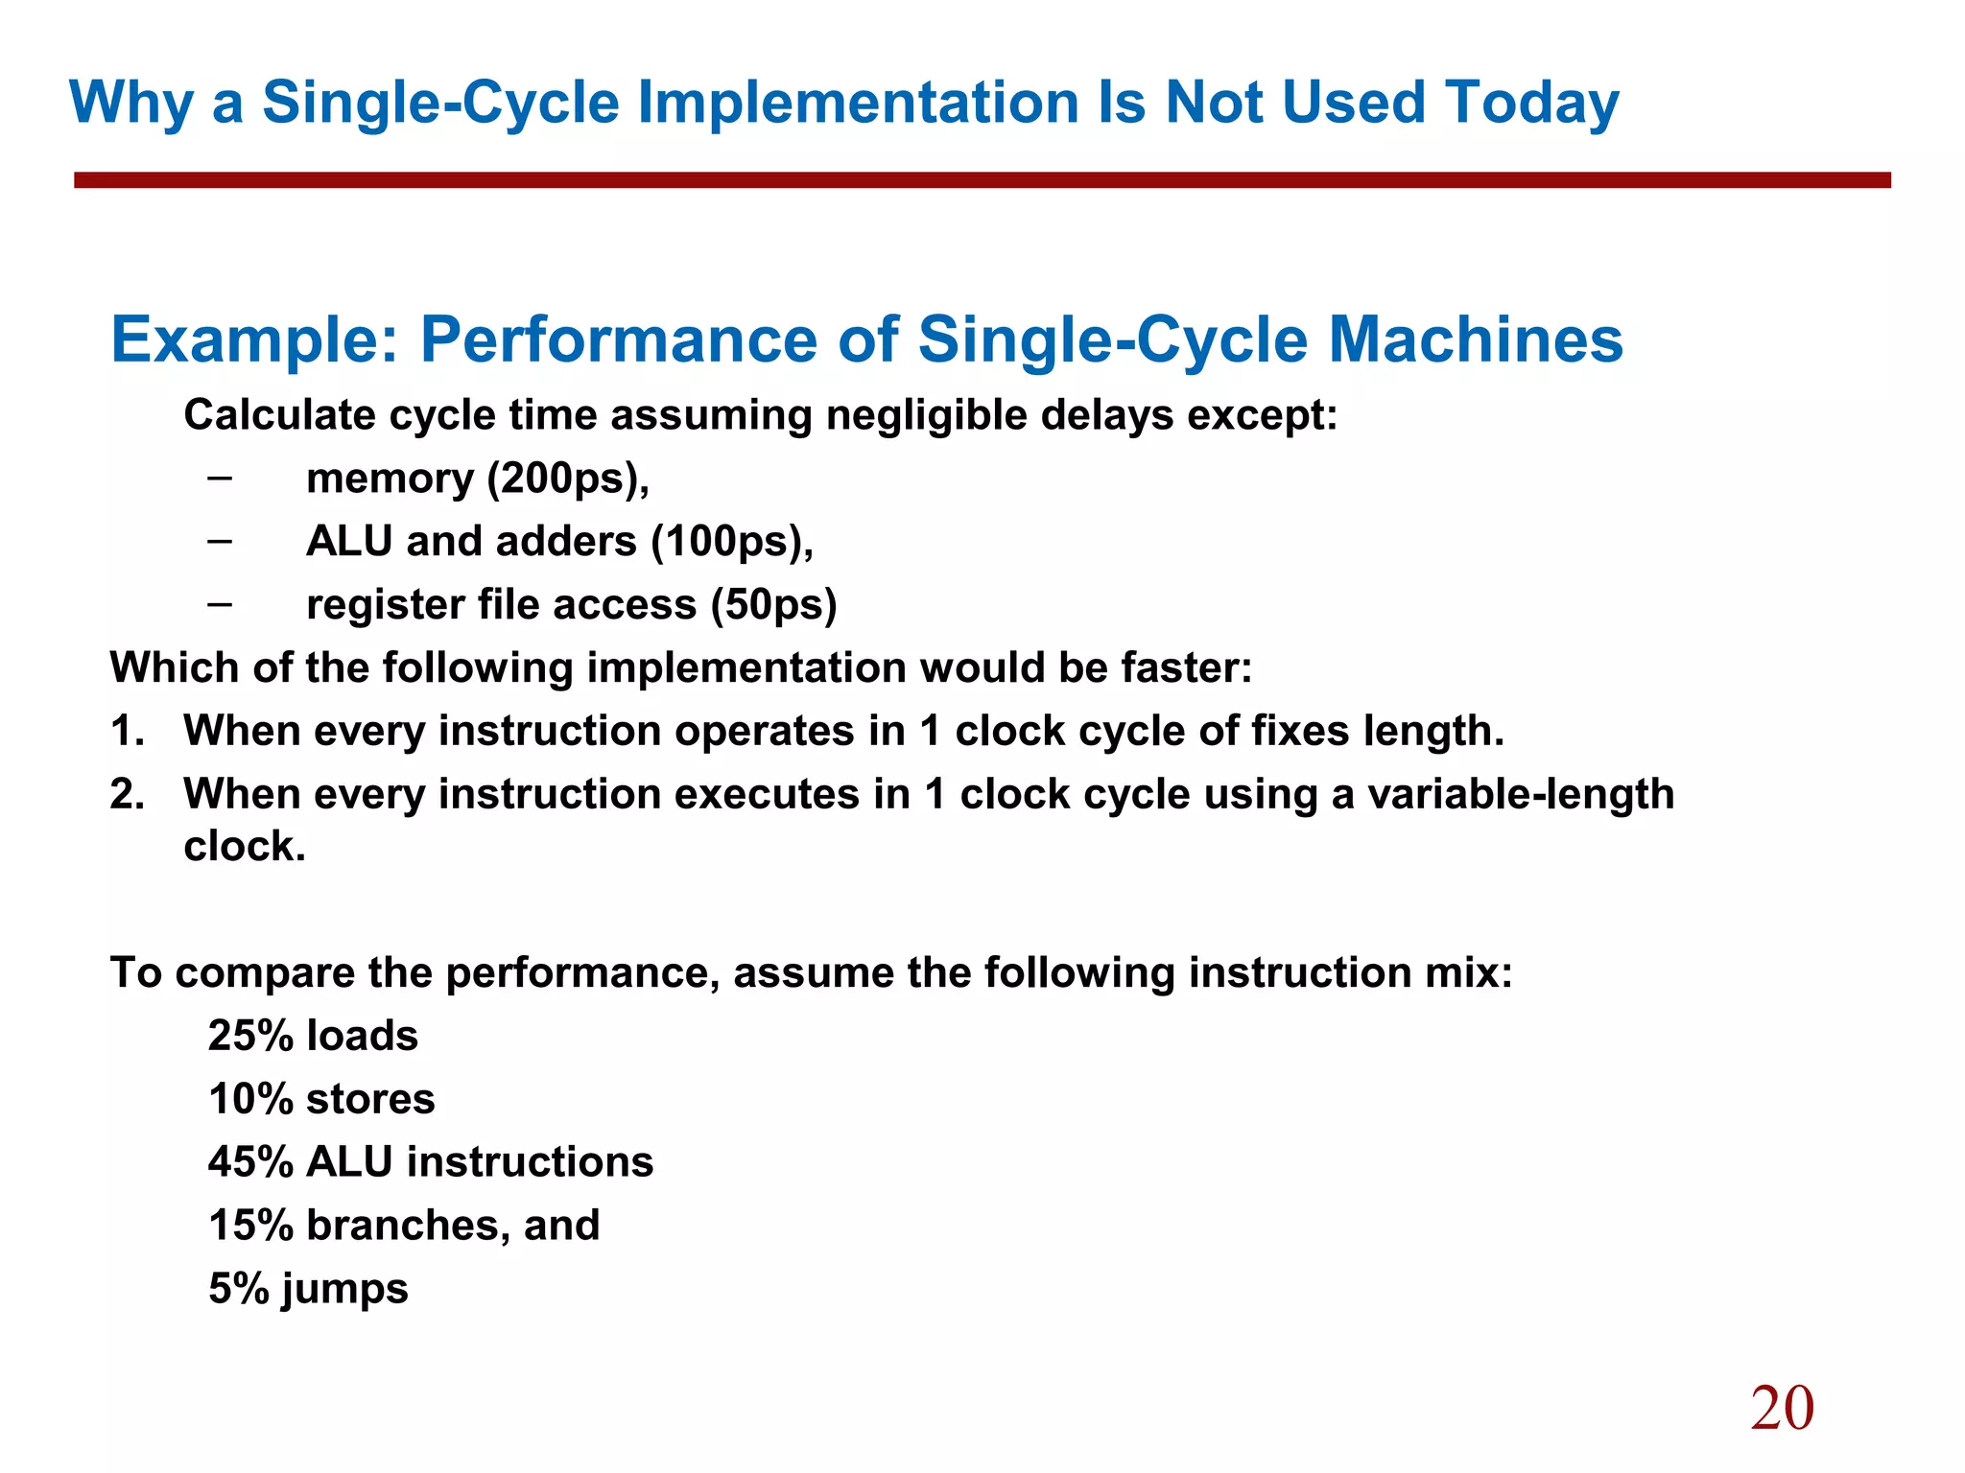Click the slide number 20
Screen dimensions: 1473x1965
click(1782, 1408)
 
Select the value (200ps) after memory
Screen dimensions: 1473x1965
click(568, 479)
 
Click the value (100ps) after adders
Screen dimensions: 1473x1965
click(732, 542)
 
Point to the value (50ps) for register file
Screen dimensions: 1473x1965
click(773, 605)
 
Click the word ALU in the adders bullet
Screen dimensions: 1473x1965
click(349, 542)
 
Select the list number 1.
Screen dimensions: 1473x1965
click(126, 732)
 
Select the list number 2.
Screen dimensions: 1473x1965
click(126, 795)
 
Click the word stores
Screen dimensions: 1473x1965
click(370, 1100)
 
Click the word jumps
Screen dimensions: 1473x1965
click(345, 1290)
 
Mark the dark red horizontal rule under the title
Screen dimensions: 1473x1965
click(982, 180)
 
